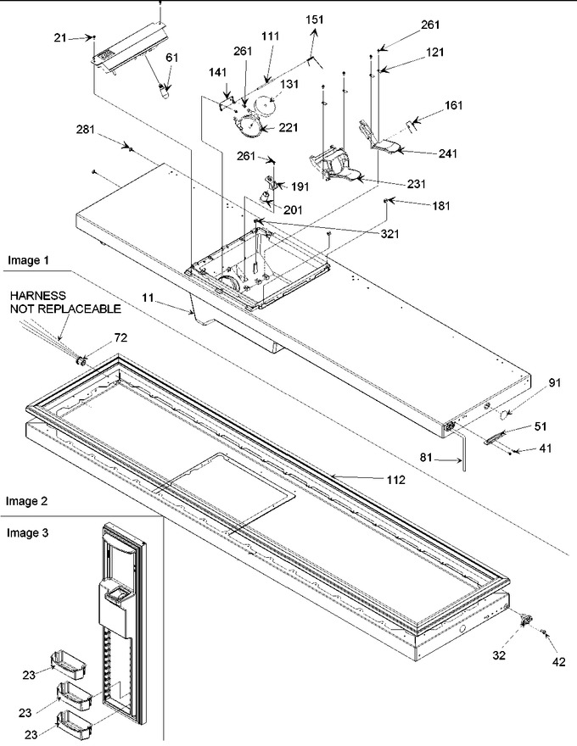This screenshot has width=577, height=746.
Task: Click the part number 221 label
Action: click(x=288, y=127)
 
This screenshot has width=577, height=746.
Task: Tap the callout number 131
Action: click(x=289, y=84)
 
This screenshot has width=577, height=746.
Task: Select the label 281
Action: click(x=86, y=130)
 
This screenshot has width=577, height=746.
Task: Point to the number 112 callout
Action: click(x=395, y=480)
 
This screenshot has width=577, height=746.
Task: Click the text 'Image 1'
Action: click(x=28, y=260)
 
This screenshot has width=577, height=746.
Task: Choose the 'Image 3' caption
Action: click(x=27, y=533)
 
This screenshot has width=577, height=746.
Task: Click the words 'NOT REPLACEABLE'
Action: click(x=65, y=309)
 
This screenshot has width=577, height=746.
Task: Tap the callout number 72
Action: click(x=121, y=337)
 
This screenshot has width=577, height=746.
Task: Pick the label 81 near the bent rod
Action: click(x=426, y=457)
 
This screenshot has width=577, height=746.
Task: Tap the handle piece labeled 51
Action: click(x=494, y=437)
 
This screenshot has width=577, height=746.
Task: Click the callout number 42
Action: click(x=559, y=661)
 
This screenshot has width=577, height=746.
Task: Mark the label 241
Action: click(x=447, y=153)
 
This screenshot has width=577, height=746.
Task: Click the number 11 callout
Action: click(x=148, y=298)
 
